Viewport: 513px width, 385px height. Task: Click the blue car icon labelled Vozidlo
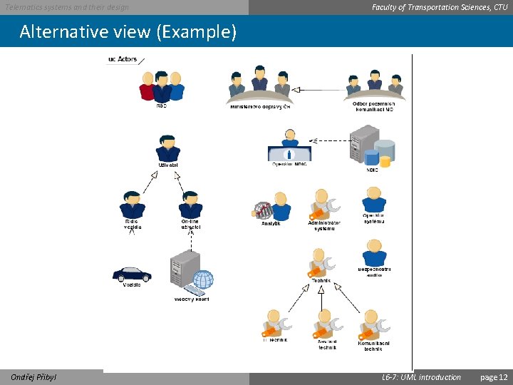[132, 274]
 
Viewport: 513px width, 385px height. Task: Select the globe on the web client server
[203, 279]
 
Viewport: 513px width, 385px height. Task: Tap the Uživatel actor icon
[168, 148]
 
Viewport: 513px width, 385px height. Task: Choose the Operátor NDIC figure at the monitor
[289, 147]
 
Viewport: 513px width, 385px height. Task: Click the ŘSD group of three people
[162, 87]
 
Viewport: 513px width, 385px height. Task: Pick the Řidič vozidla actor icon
[132, 205]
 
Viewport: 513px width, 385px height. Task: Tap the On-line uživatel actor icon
[190, 205]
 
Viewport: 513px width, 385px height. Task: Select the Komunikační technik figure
[373, 325]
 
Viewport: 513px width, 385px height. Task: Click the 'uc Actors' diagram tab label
[122, 59]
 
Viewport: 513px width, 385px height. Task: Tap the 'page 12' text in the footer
[494, 377]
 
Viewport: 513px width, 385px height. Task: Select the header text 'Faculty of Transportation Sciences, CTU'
[440, 7]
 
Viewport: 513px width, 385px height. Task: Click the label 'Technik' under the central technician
[321, 282]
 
